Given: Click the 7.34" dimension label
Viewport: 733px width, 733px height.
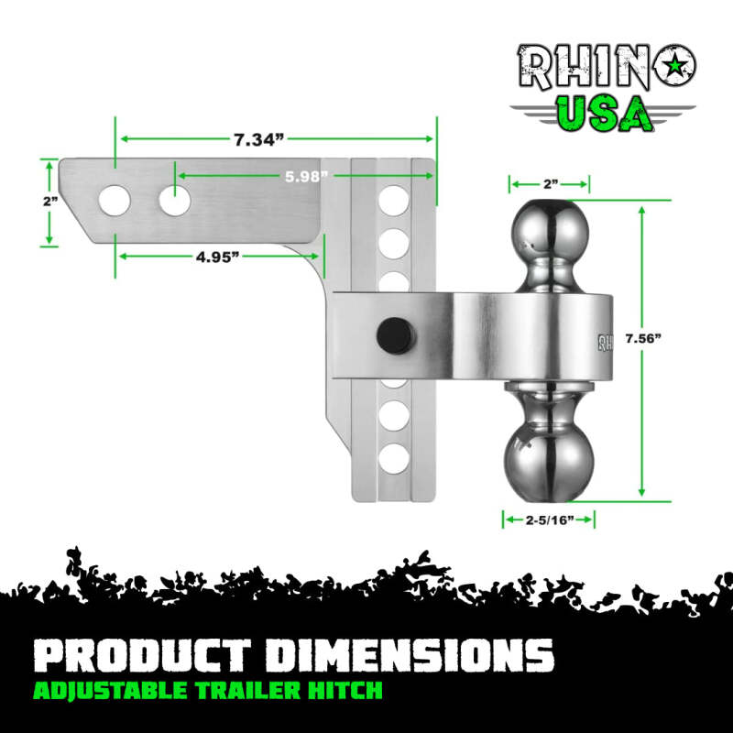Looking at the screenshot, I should [x=259, y=139].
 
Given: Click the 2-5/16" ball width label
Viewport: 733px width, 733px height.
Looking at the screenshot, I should [x=550, y=520].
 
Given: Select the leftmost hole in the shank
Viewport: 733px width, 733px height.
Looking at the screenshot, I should [x=115, y=200].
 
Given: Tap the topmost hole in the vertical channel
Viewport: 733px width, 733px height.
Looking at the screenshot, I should [x=394, y=198].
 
